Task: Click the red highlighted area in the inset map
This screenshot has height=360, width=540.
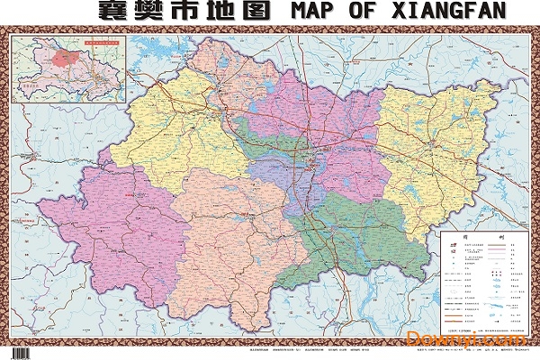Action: [x=62, y=61]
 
